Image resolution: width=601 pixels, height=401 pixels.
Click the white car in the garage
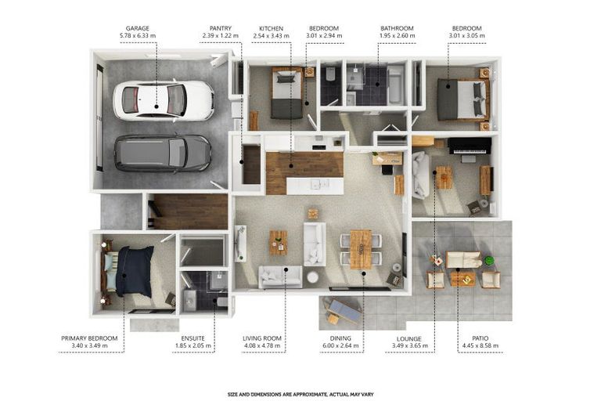coord(164,100)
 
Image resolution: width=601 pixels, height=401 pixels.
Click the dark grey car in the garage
coord(163,153)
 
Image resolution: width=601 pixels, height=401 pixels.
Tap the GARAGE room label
coord(137,28)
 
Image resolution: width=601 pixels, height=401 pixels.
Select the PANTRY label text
coord(221,28)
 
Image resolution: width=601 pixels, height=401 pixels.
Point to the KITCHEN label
coord(271,28)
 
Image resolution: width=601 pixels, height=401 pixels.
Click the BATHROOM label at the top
coord(397,28)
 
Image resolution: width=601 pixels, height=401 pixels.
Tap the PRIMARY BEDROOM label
coord(89,338)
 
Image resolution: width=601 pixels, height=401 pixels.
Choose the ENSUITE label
coord(193,338)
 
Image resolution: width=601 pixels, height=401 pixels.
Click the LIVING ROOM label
coord(262,338)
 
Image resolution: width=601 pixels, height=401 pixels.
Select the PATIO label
coord(480,338)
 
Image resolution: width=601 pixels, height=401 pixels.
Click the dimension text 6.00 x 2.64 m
coord(340,345)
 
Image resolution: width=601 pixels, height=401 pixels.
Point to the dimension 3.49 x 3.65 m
coord(409,345)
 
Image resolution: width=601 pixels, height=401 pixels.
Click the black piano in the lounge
coord(470,146)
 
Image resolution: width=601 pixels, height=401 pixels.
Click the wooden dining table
coord(361,249)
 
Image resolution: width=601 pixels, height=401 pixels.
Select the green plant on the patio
coord(488,261)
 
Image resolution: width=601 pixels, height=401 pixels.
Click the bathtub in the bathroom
coord(395,85)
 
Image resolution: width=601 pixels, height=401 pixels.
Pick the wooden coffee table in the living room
coord(279,243)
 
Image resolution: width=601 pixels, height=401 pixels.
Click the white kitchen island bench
coord(315,186)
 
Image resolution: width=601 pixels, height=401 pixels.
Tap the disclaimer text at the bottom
coord(300,394)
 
